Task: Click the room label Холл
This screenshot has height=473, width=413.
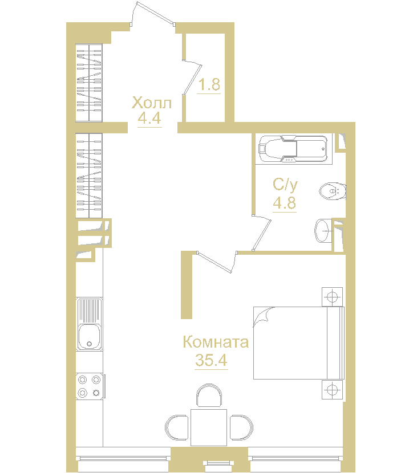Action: pos(152,103)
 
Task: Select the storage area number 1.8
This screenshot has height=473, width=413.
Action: pos(209,84)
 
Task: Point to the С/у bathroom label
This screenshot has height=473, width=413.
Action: pos(285,185)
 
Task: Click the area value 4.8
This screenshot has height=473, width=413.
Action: pos(285,203)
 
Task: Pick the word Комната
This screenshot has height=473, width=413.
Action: pos(216,342)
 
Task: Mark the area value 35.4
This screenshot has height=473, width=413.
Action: pos(211,360)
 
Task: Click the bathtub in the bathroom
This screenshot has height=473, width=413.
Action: pos(293,149)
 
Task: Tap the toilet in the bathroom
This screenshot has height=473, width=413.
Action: pos(333,191)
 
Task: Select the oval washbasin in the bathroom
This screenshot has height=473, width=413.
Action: pos(323,231)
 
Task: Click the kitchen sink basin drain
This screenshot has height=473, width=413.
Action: pos(89,344)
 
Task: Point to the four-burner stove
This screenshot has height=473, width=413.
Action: pos(90,386)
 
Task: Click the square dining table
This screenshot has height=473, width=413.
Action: pos(209,427)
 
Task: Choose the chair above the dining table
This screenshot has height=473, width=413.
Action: pos(209,395)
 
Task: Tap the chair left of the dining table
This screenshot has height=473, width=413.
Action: pos(177,427)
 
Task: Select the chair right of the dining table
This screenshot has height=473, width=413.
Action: pos(241,427)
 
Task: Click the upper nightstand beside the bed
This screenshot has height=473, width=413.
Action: pos(332,297)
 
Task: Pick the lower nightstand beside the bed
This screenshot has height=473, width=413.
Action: pos(332,390)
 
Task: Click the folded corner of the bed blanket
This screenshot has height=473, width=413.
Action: pos(262,316)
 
